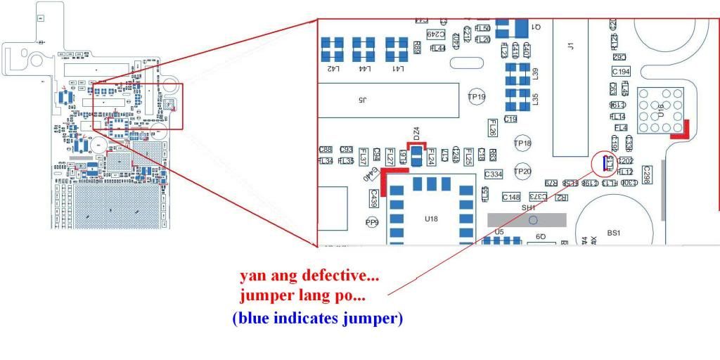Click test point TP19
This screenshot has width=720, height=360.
click(x=477, y=98)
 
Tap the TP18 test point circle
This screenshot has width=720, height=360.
click(x=522, y=143)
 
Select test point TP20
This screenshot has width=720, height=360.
click(x=522, y=172)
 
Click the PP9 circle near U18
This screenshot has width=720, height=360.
click(x=372, y=222)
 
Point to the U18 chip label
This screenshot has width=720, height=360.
click(x=431, y=219)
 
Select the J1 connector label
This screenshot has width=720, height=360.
click(x=570, y=46)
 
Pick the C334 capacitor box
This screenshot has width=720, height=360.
click(x=494, y=174)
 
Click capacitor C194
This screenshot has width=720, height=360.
click(x=621, y=72)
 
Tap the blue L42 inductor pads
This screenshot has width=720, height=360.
click(x=331, y=49)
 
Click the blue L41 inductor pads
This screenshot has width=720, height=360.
click(x=397, y=49)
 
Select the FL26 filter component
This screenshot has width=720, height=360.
click(x=493, y=127)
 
